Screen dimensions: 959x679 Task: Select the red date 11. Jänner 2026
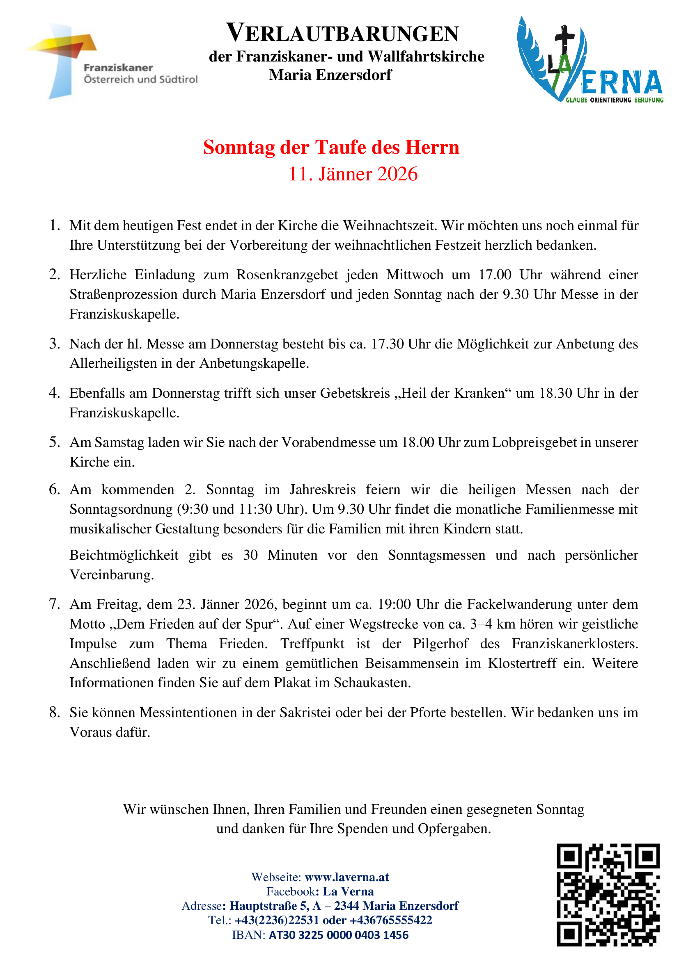(x=353, y=174)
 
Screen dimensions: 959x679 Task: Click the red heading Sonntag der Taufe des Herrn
(x=331, y=147)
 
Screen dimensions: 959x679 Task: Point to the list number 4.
(x=54, y=393)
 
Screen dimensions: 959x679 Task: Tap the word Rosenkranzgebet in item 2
(x=287, y=275)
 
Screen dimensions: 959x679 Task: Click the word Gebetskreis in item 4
(x=355, y=393)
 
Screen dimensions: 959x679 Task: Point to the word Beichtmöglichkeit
(x=124, y=555)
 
